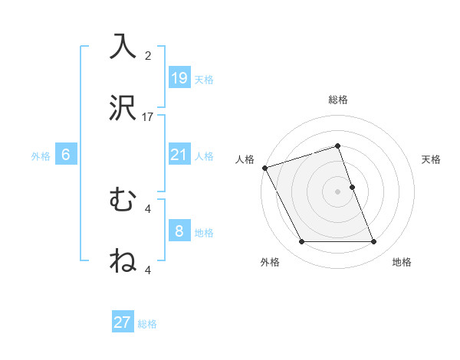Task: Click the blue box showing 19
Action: [x=179, y=77]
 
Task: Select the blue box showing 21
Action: [x=179, y=155]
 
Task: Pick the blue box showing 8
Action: [x=179, y=231]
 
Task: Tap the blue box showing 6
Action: [x=66, y=155]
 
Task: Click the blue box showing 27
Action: [x=123, y=322]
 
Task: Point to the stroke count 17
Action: [x=148, y=117]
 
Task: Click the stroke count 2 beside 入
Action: [x=148, y=56]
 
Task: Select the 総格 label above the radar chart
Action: [x=338, y=100]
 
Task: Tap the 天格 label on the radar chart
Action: [x=432, y=159]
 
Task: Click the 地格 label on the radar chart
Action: [x=402, y=262]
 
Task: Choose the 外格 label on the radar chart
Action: [x=270, y=262]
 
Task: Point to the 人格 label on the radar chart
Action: [x=245, y=159]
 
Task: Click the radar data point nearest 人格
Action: [x=264, y=168]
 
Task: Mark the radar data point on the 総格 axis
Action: [x=338, y=146]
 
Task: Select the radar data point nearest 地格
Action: [x=374, y=242]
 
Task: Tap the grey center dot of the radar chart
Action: [x=338, y=191]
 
